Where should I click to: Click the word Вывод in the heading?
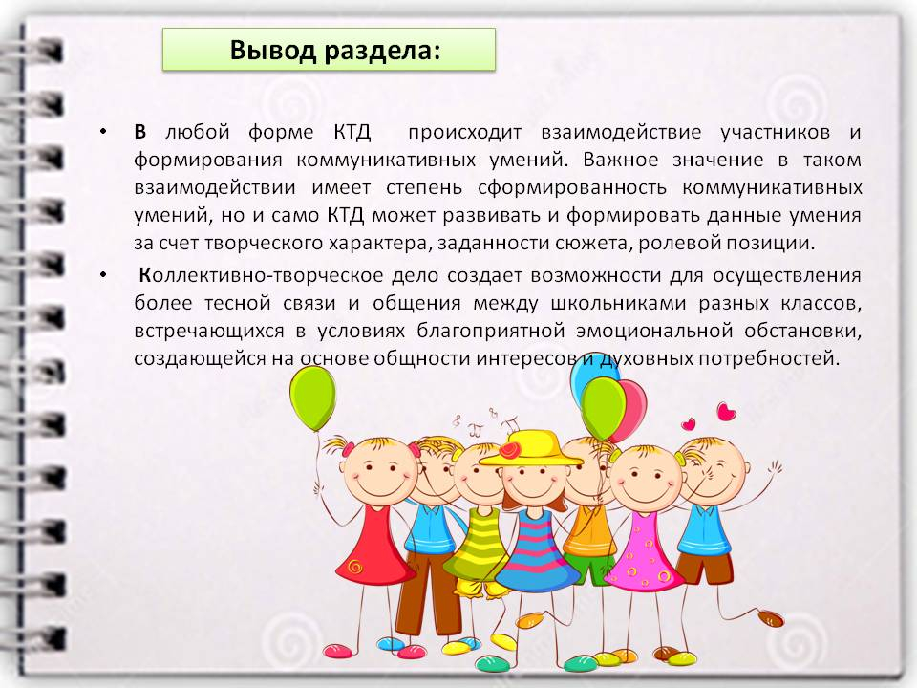coord(272,50)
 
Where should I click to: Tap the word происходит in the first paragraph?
coord(464,133)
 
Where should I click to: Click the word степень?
coord(424,188)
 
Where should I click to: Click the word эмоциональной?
coord(654,332)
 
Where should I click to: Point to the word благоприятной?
coord(491,332)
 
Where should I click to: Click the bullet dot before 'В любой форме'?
coord(103,131)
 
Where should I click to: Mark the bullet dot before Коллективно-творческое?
coord(103,274)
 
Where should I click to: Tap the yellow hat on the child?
coord(531,449)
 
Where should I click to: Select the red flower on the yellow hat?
coord(509,450)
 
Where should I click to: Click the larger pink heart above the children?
coord(726,412)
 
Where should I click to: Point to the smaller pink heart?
coord(689,423)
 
